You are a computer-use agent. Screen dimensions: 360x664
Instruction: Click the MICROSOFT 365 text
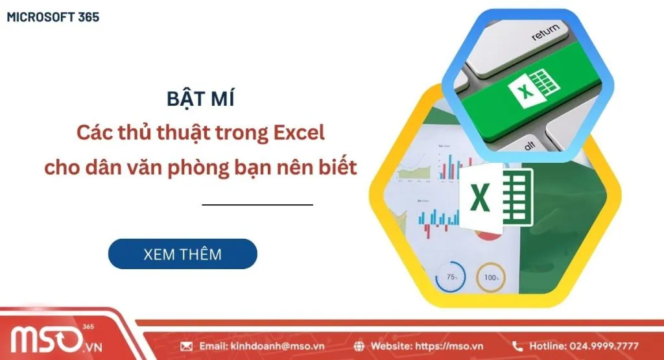point(53,18)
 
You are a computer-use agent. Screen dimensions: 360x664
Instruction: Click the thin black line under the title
point(257,204)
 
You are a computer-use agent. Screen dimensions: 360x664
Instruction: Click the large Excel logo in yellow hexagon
point(493,197)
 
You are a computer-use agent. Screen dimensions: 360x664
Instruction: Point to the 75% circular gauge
point(451,277)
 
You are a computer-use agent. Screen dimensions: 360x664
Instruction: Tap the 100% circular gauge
point(491,277)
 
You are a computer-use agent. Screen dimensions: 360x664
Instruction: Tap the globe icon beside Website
point(359,346)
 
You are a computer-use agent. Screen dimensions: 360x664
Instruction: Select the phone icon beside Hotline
point(517,346)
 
